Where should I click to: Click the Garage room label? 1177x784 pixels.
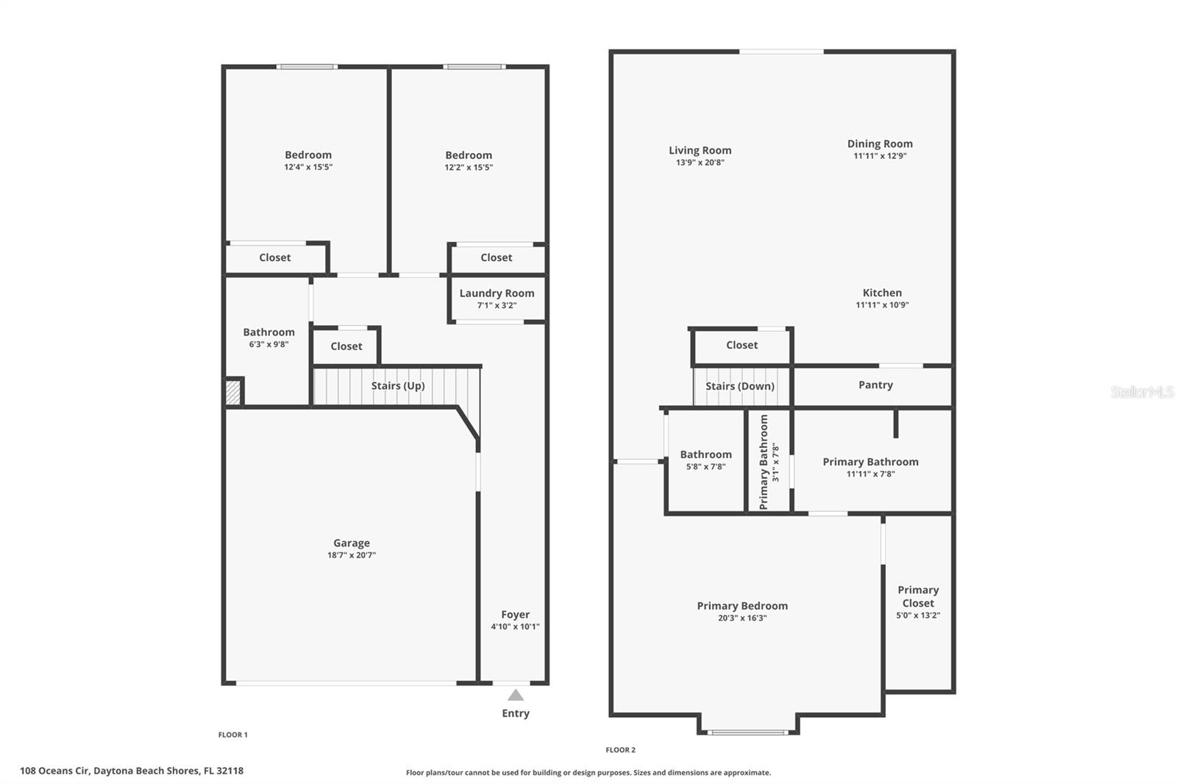pyautogui.click(x=351, y=544)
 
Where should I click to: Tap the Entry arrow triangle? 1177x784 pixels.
pyautogui.click(x=516, y=695)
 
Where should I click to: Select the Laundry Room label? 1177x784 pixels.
pyautogui.click(x=497, y=293)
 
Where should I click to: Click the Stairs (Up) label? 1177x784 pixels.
pyautogui.click(x=397, y=386)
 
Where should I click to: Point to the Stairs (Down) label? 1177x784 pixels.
pyautogui.click(x=739, y=386)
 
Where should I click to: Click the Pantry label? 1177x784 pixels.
pyautogui.click(x=875, y=385)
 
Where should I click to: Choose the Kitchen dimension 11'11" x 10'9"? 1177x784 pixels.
pyautogui.click(x=882, y=305)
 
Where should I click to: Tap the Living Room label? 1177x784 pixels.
pyautogui.click(x=700, y=151)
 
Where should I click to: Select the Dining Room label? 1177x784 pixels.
pyautogui.click(x=880, y=144)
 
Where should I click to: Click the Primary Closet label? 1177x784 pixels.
pyautogui.click(x=918, y=596)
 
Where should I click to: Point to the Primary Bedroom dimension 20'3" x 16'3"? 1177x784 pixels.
pyautogui.click(x=742, y=619)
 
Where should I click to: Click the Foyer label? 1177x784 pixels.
pyautogui.click(x=515, y=615)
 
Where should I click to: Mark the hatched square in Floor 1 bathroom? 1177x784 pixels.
pyautogui.click(x=233, y=391)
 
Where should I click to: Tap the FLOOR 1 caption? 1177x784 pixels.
pyautogui.click(x=232, y=735)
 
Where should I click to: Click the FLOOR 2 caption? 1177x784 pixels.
pyautogui.click(x=620, y=750)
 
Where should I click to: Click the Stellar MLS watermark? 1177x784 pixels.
pyautogui.click(x=1142, y=392)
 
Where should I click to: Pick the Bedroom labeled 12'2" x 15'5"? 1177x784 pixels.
pyautogui.click(x=469, y=156)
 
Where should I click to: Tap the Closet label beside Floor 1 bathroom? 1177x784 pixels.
pyautogui.click(x=346, y=346)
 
